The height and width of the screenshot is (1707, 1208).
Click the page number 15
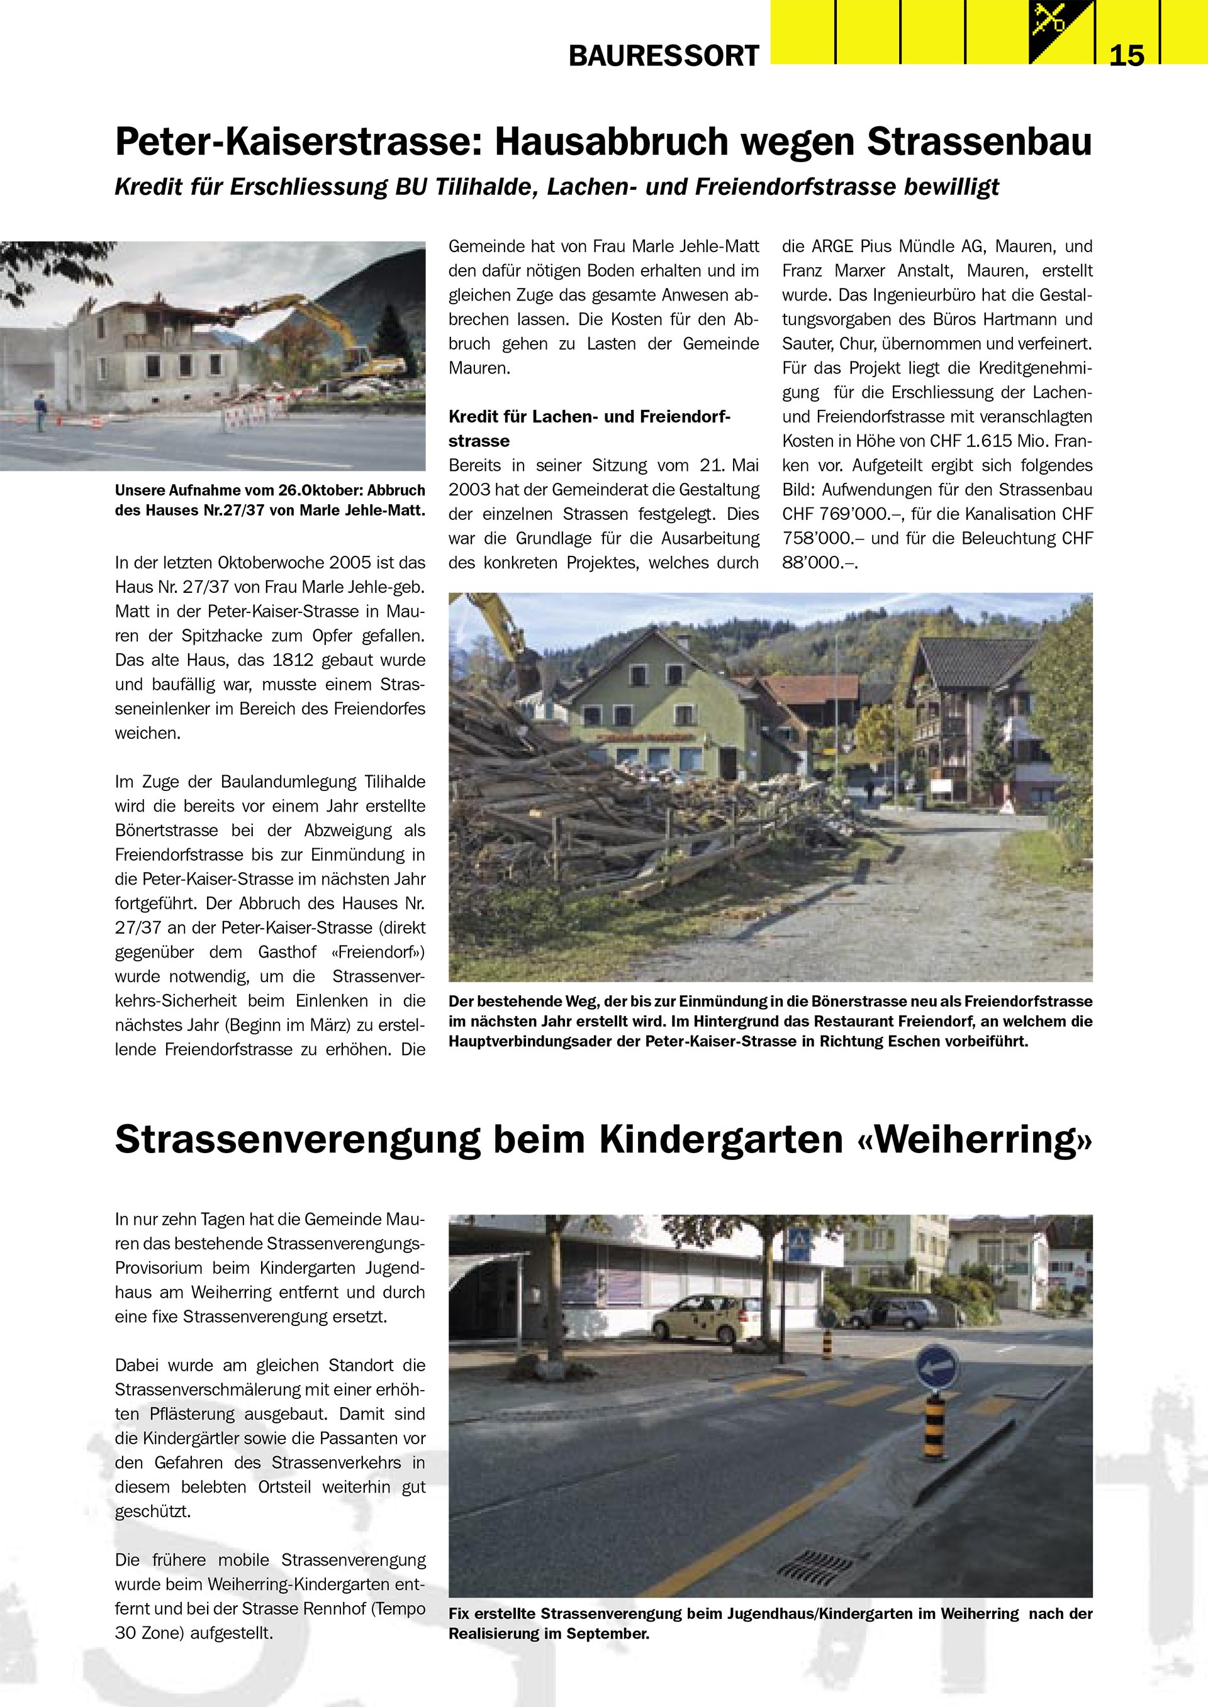point(1126,56)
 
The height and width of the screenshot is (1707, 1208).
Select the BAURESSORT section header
point(664,56)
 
